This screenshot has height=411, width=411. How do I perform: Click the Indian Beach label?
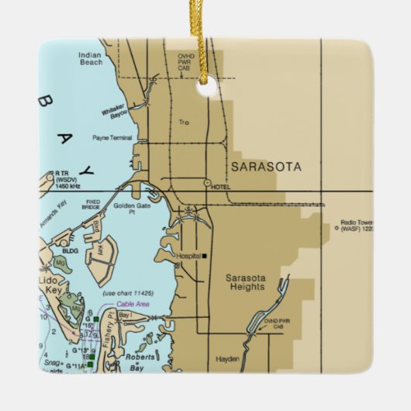[90, 58]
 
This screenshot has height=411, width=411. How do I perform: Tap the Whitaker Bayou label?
[114, 110]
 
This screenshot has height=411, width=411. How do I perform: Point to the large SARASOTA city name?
[266, 167]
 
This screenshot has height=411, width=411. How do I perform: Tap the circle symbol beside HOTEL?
[207, 184]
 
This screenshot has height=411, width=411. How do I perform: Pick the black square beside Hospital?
[205, 255]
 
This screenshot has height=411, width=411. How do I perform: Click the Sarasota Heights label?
[245, 281]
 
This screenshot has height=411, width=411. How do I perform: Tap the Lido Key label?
[52, 281]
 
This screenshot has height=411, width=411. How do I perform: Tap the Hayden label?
[228, 359]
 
